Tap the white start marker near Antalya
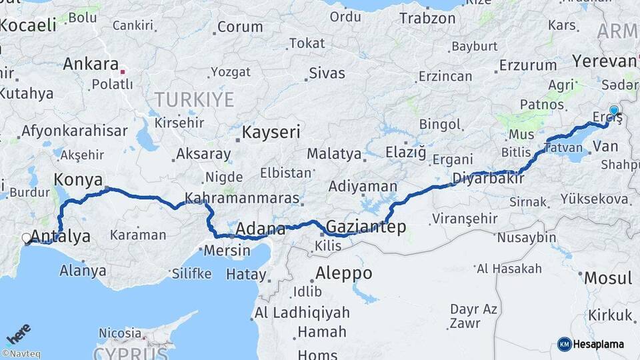(x=27, y=238)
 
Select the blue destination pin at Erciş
(x=614, y=111)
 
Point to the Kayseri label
(x=271, y=131)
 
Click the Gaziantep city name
(x=365, y=227)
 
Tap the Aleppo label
(x=343, y=273)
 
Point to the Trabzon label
(x=427, y=18)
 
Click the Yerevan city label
(x=603, y=61)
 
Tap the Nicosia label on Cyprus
(x=120, y=332)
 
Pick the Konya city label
(x=78, y=179)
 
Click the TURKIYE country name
(x=194, y=100)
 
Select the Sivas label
(x=327, y=72)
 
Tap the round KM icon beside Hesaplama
(x=564, y=344)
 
